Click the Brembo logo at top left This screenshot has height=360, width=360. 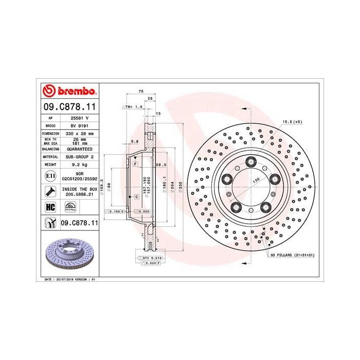[69, 92]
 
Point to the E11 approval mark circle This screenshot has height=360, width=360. [50, 176]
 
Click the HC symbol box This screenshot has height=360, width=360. [50, 207]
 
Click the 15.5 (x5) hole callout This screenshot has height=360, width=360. [292, 121]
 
